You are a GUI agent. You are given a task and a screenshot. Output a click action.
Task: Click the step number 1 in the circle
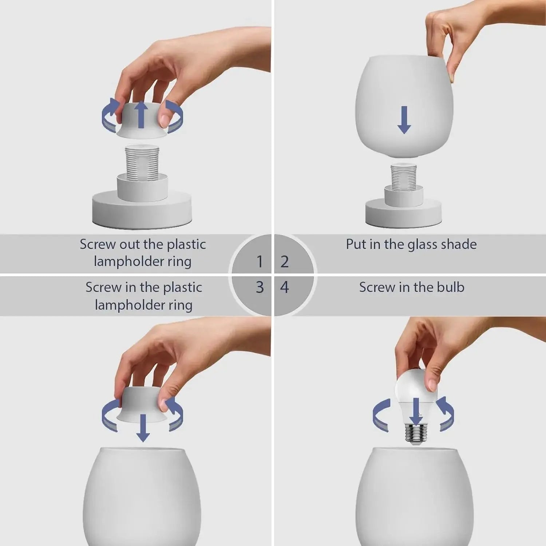260,261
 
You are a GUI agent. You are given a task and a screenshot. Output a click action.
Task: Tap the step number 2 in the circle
285,261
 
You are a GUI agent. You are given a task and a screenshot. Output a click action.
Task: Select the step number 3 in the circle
260,288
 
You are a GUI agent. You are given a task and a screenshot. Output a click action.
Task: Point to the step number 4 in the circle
285,288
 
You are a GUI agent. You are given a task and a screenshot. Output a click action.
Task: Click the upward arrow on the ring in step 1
142,114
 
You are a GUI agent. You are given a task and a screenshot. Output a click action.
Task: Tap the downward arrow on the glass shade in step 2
404,120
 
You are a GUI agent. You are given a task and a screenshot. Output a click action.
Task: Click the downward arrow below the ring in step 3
143,427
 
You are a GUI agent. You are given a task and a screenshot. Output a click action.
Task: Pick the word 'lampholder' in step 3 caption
131,305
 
